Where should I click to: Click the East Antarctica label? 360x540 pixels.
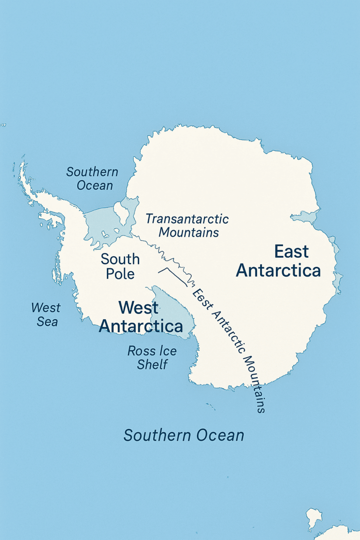[278, 261]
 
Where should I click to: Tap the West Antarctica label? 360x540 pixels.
[141, 317]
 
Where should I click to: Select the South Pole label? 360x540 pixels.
[120, 266]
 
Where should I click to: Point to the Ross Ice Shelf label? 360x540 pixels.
[153, 357]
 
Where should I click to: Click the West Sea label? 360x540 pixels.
[45, 315]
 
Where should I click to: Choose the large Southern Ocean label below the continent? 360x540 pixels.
[184, 435]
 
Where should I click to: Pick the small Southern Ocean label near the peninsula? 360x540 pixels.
[92, 178]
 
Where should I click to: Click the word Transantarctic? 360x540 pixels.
[187, 219]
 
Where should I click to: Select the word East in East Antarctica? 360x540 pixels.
[292, 252]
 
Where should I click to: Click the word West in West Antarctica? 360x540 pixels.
[139, 308]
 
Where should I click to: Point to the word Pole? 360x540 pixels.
[120, 273]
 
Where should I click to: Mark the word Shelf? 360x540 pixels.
[153, 364]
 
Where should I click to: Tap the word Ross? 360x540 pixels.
[142, 351]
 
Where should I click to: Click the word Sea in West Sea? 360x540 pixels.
[47, 322]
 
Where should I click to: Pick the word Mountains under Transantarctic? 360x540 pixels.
[189, 232]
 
